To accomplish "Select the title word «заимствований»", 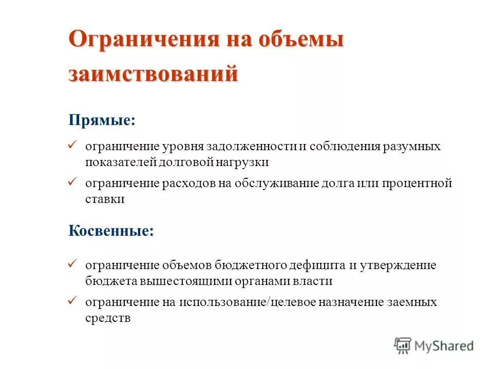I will [x=154, y=73].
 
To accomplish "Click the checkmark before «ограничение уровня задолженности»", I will [x=72, y=146].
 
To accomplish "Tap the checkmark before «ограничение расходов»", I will [x=72, y=182].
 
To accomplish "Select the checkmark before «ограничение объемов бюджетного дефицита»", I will [x=72, y=264].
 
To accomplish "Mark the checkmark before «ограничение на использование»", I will [x=72, y=301].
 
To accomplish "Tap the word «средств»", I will [x=108, y=318].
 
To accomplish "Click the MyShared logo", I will [x=434, y=346].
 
